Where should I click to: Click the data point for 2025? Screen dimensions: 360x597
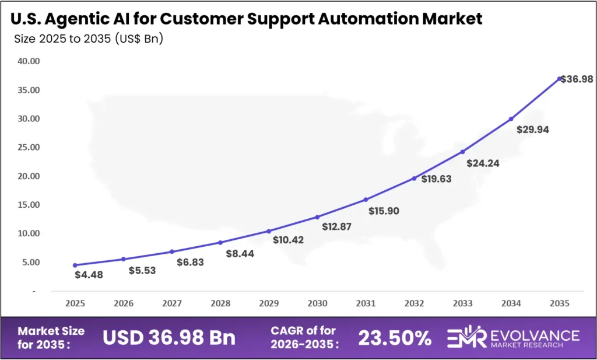(x=75, y=265)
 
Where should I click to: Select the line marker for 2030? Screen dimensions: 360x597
(x=317, y=217)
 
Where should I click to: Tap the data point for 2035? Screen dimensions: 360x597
(x=560, y=78)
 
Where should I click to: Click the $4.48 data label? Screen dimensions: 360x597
(x=89, y=275)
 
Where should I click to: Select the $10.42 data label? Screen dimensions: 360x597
(x=289, y=240)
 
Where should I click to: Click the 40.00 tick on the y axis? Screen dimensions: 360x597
(x=28, y=61)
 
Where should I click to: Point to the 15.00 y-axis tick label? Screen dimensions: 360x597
(x=28, y=205)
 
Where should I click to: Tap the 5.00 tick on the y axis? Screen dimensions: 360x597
(x=30, y=262)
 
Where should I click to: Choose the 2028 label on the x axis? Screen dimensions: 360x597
(x=220, y=304)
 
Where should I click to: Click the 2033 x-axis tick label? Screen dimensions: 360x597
(x=463, y=304)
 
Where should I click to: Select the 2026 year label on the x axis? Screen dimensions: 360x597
(x=123, y=304)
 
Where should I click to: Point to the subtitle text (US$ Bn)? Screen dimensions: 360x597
(x=139, y=39)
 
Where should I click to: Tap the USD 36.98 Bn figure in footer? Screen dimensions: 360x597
(x=169, y=337)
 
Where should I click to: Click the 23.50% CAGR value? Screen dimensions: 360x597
(x=395, y=337)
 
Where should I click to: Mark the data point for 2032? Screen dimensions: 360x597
(x=415, y=178)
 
